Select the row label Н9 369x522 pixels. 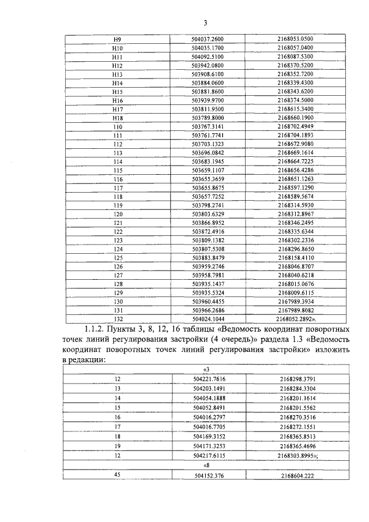[x=118, y=39]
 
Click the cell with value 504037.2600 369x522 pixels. [x=206, y=39]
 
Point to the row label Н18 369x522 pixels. [x=118, y=118]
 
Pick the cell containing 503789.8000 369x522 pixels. [x=206, y=118]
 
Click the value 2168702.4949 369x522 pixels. [x=295, y=126]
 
